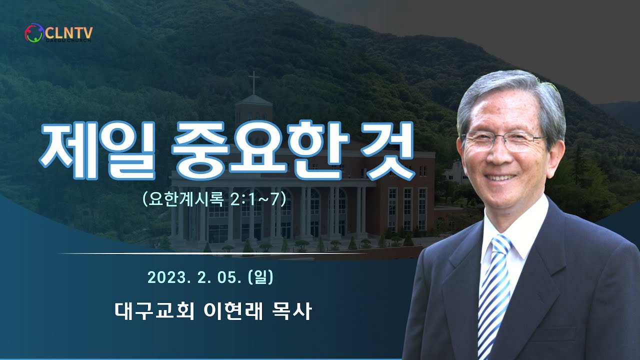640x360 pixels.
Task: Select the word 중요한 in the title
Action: tap(260, 149)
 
